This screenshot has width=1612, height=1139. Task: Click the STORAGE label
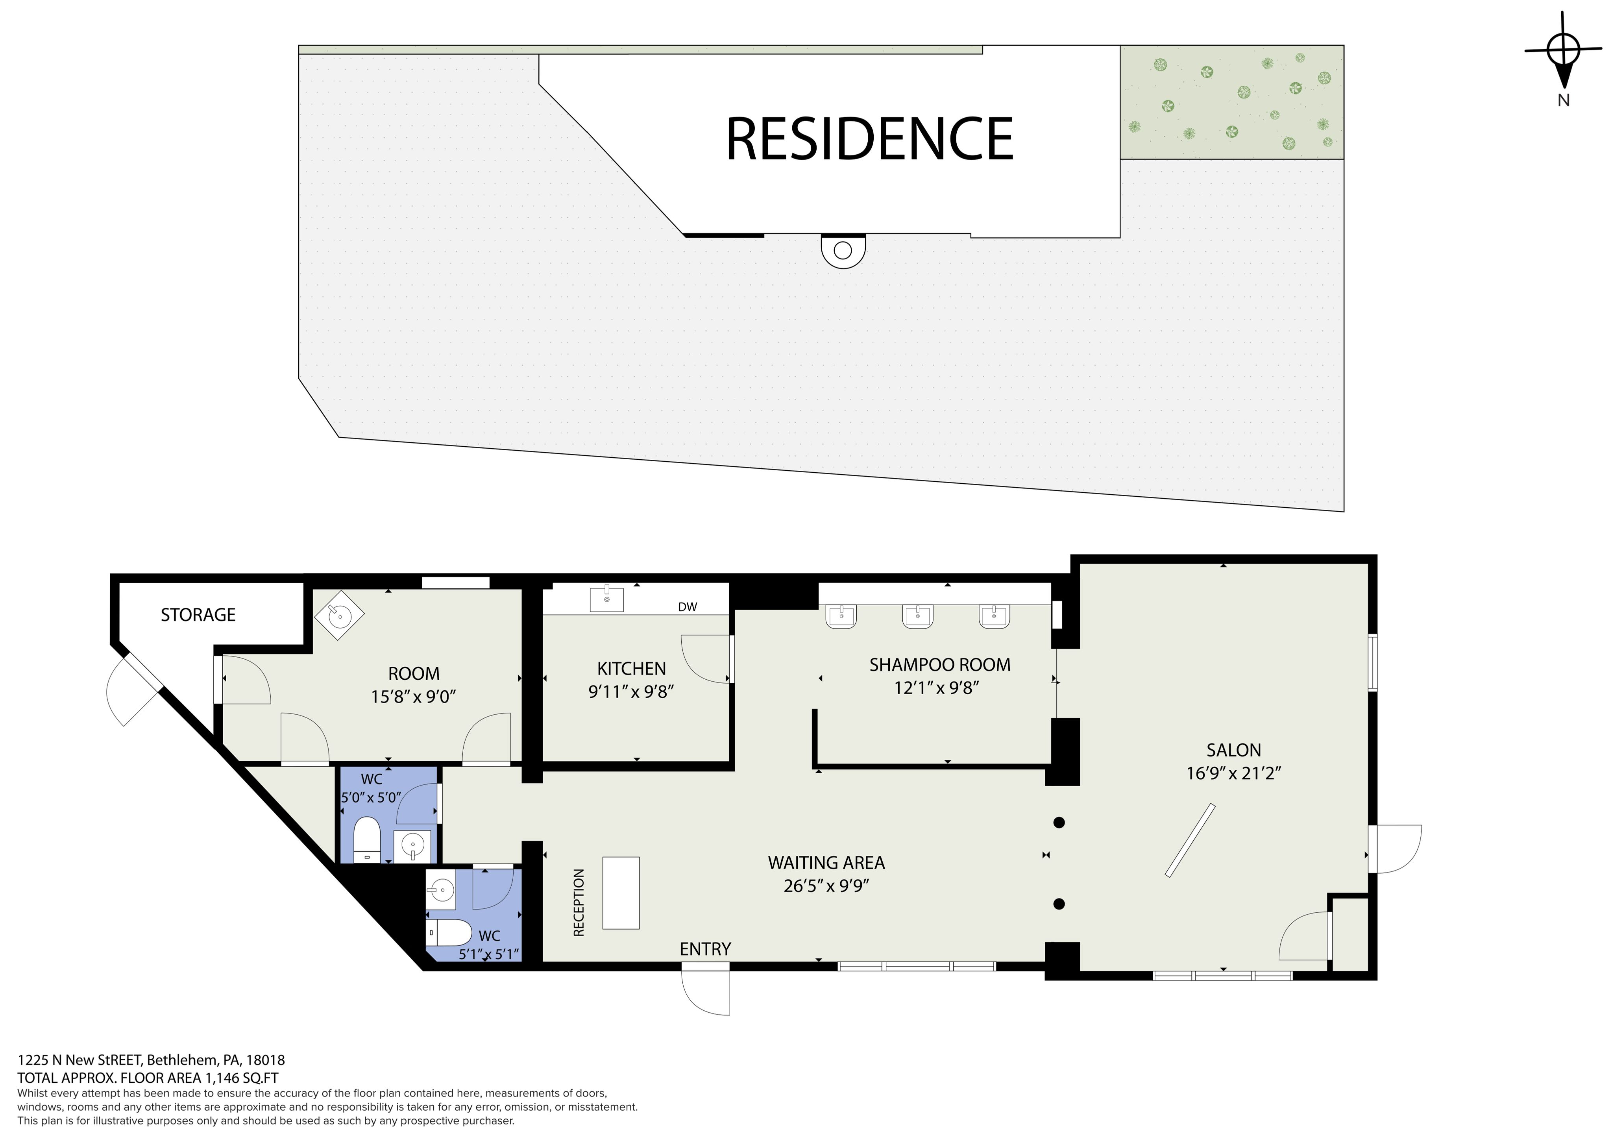198,615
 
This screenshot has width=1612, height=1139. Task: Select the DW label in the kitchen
688,607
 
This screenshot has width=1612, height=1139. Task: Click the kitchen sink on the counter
606,599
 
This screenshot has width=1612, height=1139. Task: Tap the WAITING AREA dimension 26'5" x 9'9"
826,886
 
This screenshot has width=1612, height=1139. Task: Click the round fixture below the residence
843,251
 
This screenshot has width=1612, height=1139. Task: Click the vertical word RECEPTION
579,902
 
